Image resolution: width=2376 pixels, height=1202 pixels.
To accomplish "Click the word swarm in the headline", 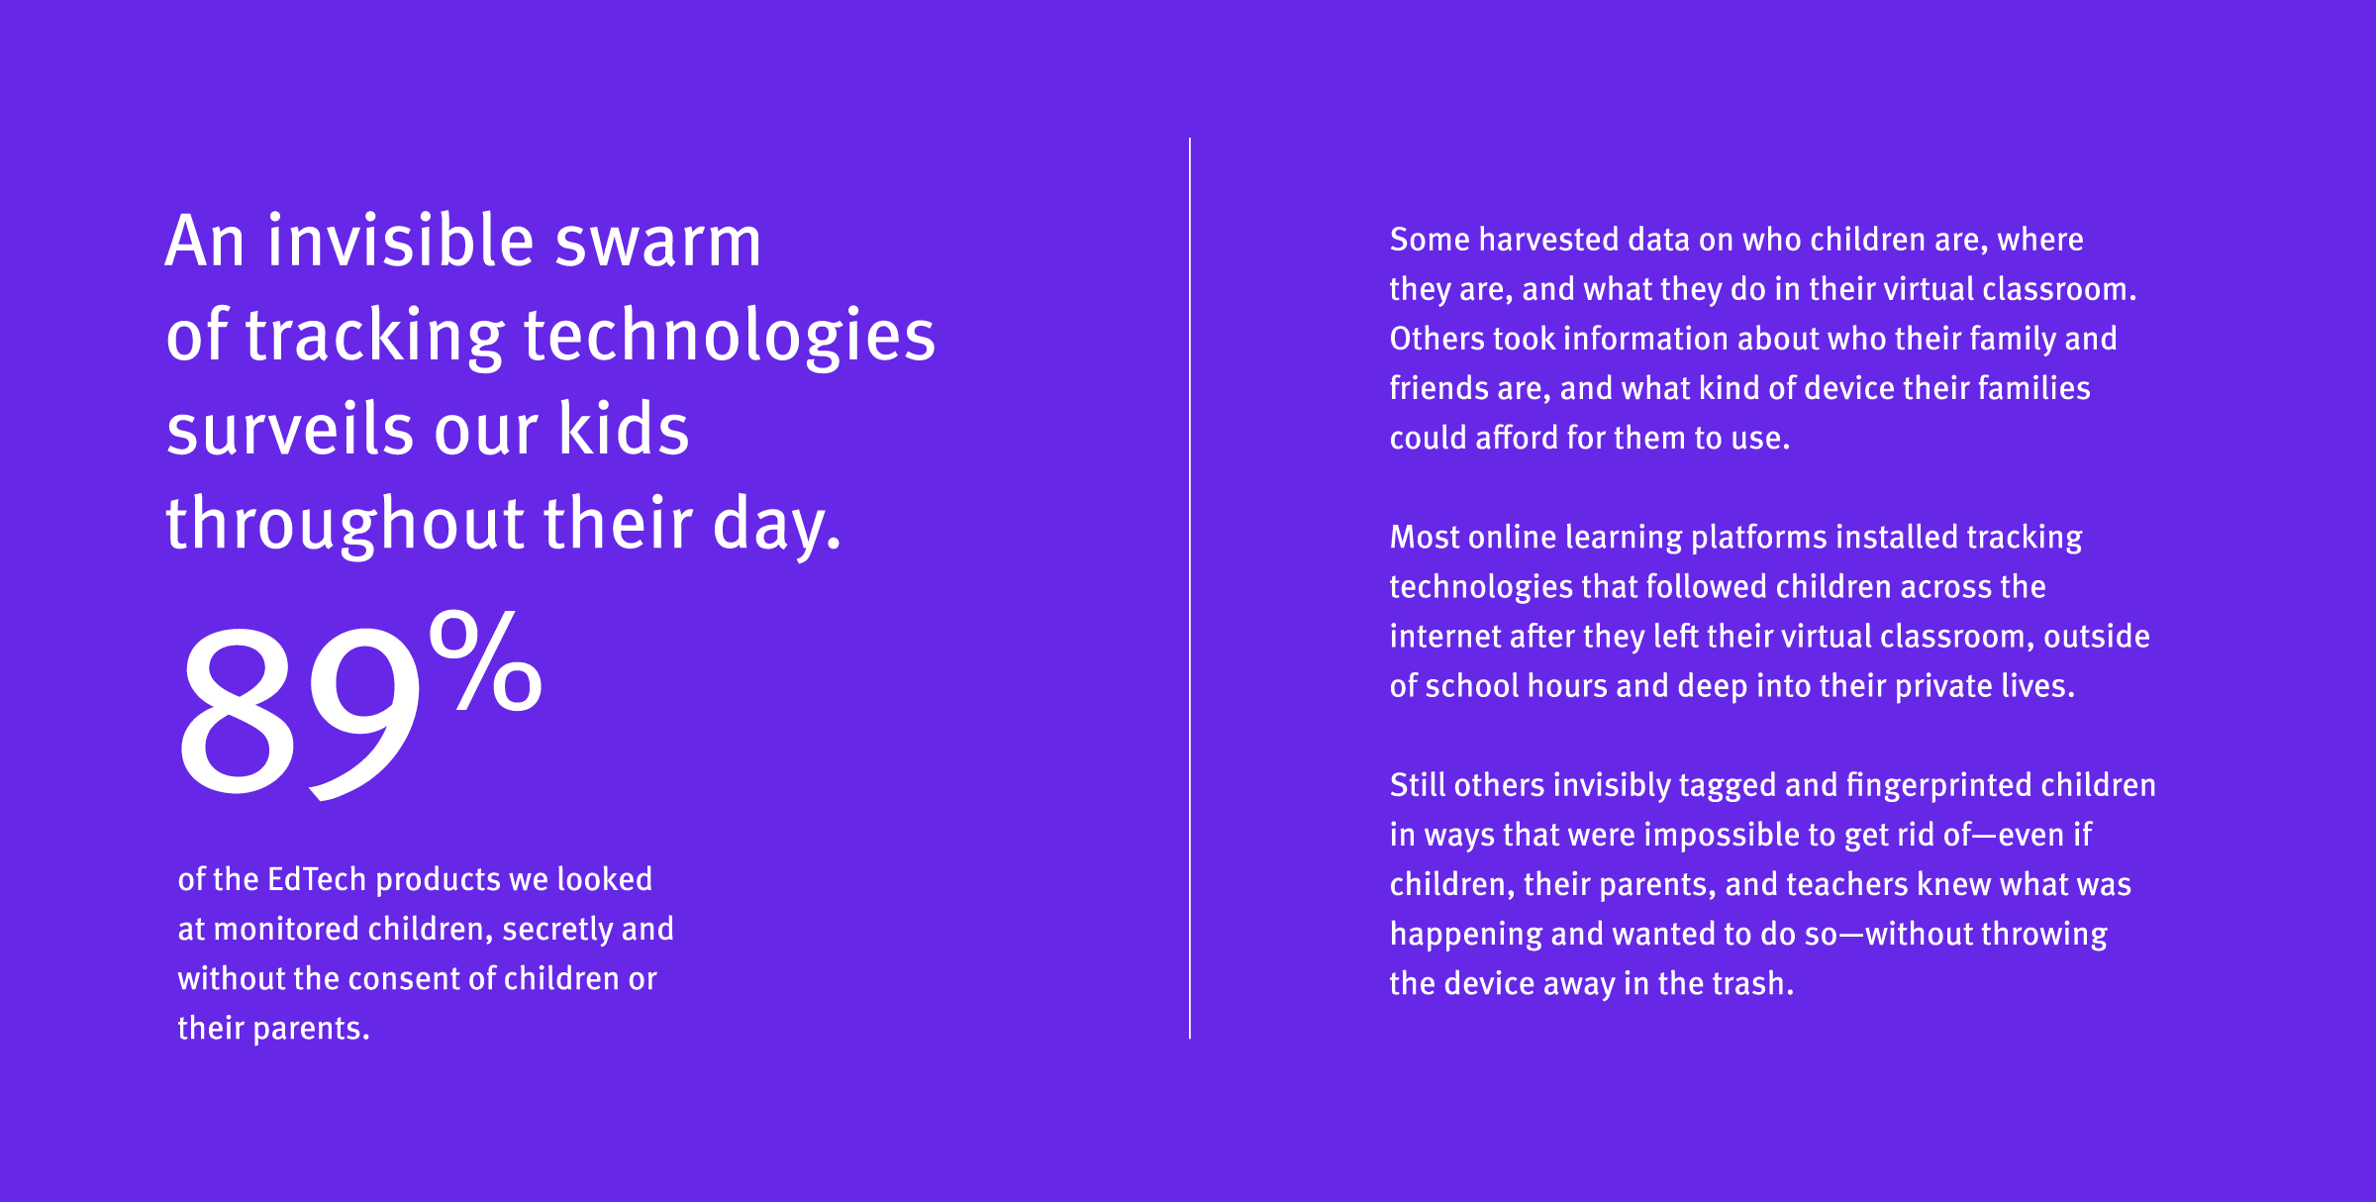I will [657, 243].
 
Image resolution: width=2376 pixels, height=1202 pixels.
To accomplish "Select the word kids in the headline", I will [624, 431].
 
